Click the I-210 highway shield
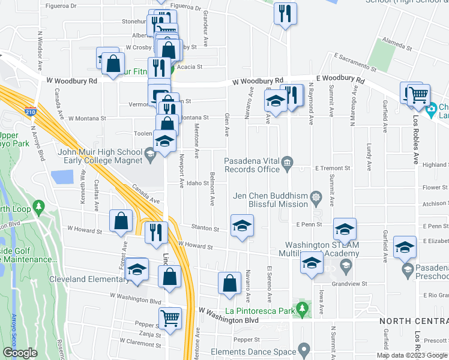pos(30,111)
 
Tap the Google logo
pos(20,353)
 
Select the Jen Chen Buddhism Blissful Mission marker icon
pos(315,196)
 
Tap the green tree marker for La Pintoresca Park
pos(303,310)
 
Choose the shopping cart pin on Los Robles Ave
pos(419,94)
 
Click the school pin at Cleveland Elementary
pos(137,270)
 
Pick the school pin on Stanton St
pos(242,226)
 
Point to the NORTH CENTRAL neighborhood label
pos(414,321)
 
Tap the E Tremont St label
pos(333,169)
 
